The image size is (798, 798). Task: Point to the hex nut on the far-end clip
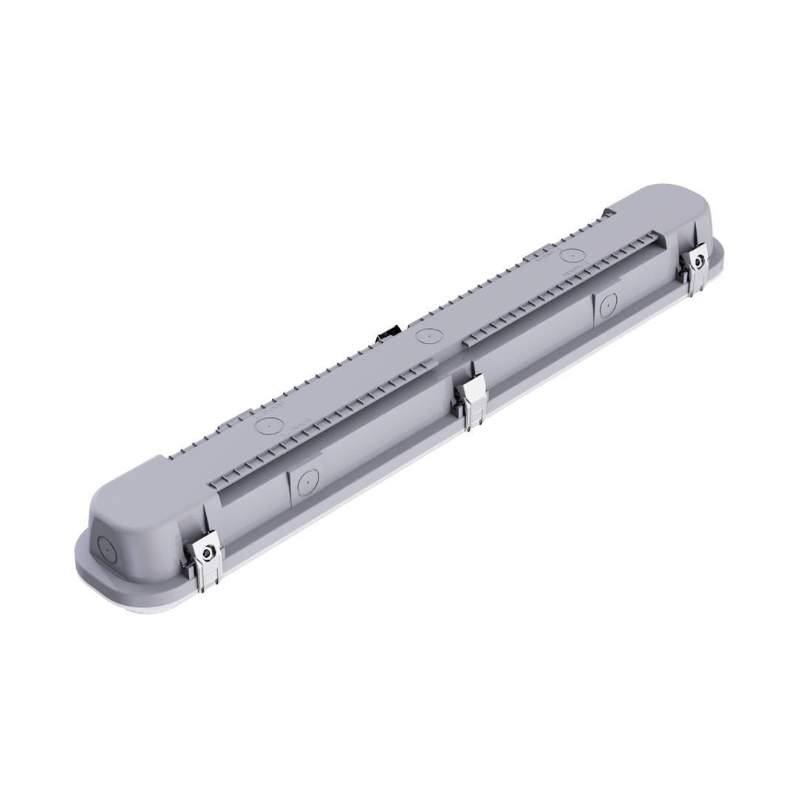coord(697,259)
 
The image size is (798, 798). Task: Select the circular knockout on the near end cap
coord(104,550)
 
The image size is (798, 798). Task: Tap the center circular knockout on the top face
coord(426,337)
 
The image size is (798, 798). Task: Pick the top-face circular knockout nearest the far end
coord(570,256)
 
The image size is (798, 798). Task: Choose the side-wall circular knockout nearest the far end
coord(607,303)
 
